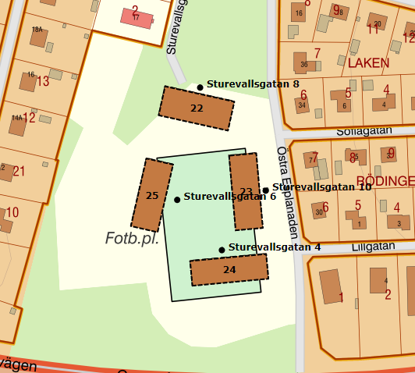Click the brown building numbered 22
tap(196, 108)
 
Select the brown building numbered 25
tap(152, 195)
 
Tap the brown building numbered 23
tap(245, 191)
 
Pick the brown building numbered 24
tap(229, 269)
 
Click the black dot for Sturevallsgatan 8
tap(200, 87)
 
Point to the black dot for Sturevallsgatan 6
tap(177, 200)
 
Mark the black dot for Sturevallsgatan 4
tap(222, 250)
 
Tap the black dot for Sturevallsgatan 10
tap(265, 190)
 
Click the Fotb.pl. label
tap(132, 239)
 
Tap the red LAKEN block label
tap(367, 62)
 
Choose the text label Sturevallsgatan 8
tap(253, 83)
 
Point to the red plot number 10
tap(12, 212)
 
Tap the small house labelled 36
tap(304, 65)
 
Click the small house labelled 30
tap(319, 211)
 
